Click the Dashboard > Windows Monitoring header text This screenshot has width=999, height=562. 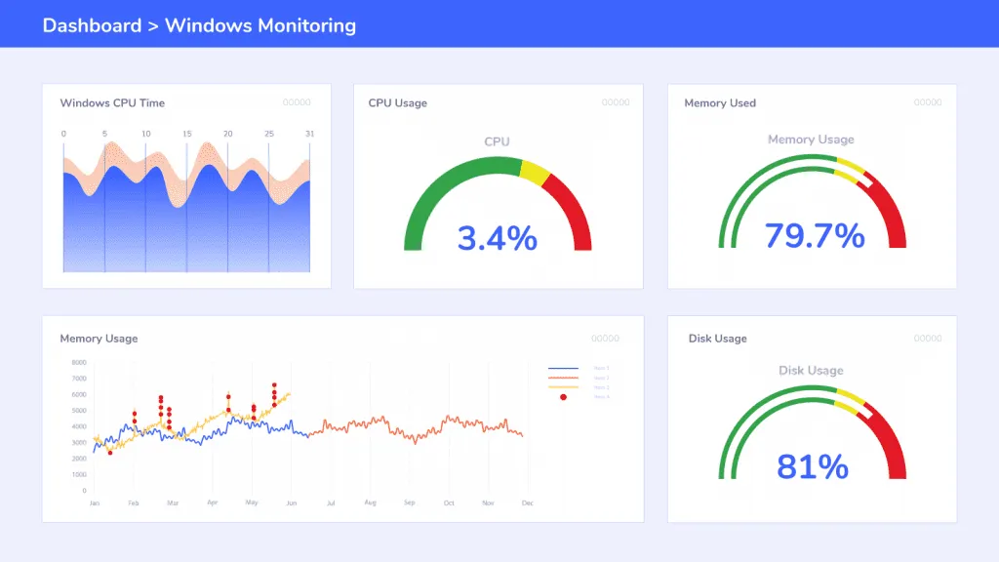point(199,25)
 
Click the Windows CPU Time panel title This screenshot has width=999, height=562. point(112,103)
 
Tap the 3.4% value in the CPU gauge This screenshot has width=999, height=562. point(498,237)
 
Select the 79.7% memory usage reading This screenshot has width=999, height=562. point(814,235)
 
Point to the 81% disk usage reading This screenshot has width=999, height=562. point(813,466)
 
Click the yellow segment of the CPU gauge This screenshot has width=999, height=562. point(535,173)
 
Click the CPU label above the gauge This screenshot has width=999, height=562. point(498,141)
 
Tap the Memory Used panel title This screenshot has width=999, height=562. point(720,103)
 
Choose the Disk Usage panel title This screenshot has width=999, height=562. point(717,339)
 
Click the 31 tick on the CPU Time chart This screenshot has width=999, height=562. point(309,134)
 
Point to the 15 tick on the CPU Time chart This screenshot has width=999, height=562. point(186,134)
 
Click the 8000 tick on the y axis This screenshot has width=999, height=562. point(79,362)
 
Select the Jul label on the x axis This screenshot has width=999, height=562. point(331,502)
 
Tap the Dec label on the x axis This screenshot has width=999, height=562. point(528,502)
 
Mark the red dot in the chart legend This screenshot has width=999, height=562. point(563,396)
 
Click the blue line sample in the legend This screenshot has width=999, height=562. point(563,369)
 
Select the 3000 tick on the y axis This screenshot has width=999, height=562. point(79,442)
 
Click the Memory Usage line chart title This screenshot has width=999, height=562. point(99,339)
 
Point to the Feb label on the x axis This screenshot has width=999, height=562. point(133,502)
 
